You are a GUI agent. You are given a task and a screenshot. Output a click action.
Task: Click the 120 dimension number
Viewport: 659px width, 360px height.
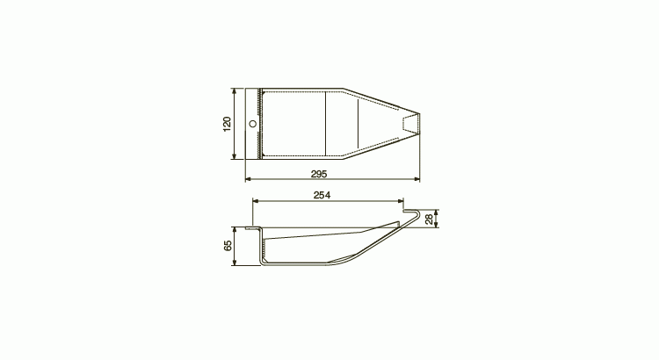point(227,124)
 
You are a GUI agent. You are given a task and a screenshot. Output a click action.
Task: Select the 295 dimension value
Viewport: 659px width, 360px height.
point(319,174)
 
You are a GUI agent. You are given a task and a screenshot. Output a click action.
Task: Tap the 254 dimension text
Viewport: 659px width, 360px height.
point(322,195)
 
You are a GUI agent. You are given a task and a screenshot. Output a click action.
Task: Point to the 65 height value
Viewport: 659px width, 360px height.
point(228,246)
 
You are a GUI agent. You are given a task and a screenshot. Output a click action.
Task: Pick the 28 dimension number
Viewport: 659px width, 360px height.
point(429,219)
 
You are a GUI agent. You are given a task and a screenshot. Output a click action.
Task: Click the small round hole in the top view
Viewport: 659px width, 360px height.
point(253,124)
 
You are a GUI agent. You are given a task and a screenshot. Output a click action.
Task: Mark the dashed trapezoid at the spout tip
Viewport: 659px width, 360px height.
point(410,124)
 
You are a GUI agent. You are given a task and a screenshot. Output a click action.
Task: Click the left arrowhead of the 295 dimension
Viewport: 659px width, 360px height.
point(248,179)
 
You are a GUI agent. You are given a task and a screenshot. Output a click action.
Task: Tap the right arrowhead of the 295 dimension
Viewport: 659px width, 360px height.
point(416,179)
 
